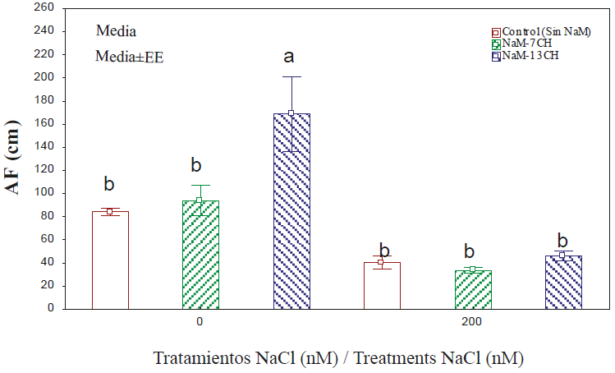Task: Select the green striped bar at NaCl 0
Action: [200, 255]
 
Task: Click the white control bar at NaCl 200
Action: [381, 285]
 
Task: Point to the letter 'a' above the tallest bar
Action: [289, 58]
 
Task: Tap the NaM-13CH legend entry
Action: [530, 56]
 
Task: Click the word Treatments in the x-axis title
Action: [402, 358]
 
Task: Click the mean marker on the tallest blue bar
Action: [291, 113]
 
